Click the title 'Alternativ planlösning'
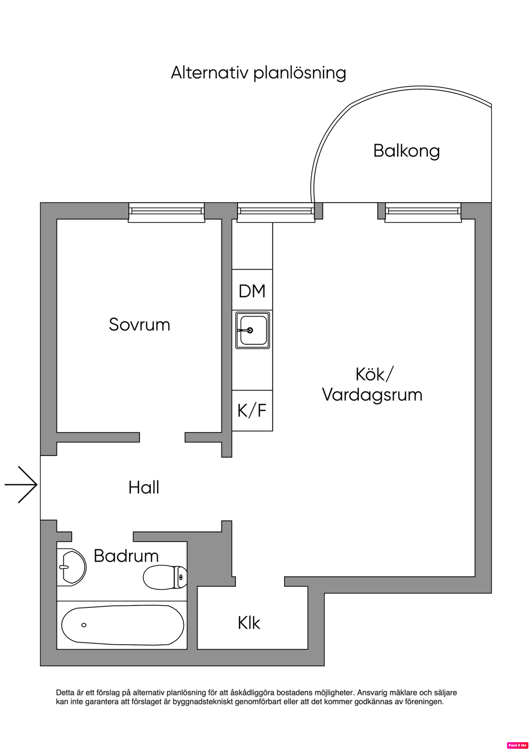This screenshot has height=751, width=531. coord(258,73)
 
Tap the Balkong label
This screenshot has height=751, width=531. coord(406,151)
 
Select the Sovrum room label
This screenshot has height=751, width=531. coord(139,325)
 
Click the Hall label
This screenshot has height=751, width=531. coord(144,488)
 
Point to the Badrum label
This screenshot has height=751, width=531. coord(126,556)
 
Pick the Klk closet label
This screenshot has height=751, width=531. coord(249,623)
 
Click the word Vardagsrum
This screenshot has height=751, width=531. coord(372,395)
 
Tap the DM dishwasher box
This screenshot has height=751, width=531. coord(252,290)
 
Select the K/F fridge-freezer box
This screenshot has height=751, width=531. coord(252,410)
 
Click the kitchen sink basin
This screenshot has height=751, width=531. coord(253,330)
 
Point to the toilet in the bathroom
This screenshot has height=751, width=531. coord(165,577)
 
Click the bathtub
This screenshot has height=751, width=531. coord(122,625)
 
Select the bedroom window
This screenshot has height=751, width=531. coord(166,212)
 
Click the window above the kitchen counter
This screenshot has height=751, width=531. coord(276,212)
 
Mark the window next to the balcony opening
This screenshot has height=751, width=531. coord(423,212)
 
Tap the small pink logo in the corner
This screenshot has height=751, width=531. coord(517,745)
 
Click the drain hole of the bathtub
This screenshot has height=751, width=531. coord(84,625)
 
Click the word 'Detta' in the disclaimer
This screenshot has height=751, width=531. coord(65,692)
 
